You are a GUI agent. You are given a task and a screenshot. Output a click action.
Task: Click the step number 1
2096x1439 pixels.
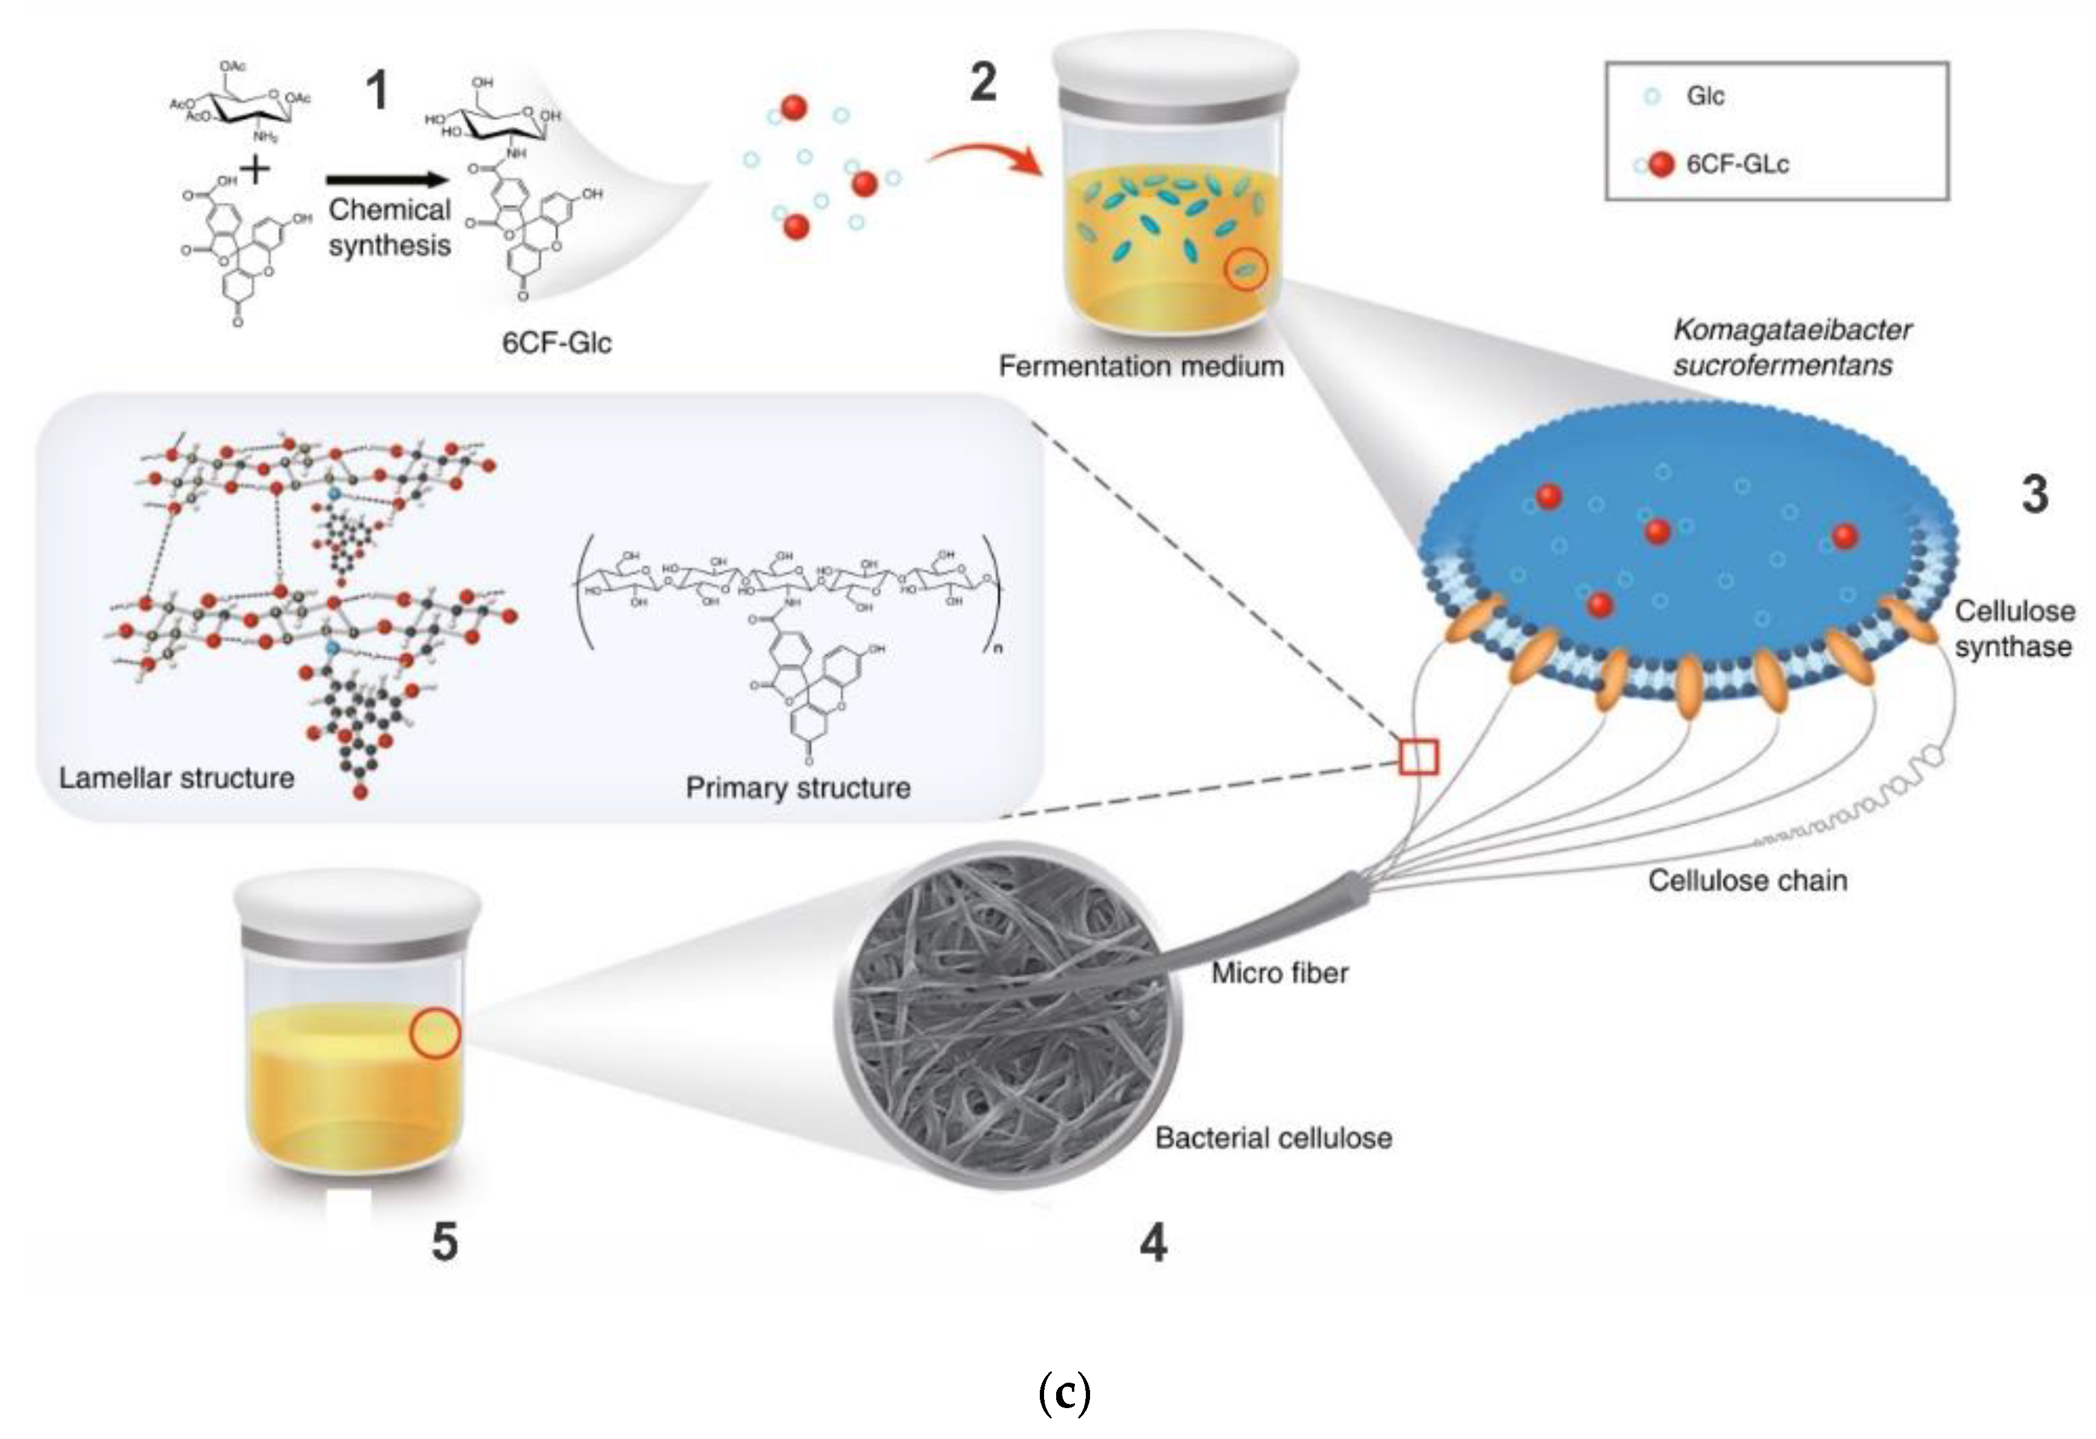click(x=377, y=91)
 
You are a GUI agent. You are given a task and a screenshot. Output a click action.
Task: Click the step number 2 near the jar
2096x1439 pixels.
click(x=983, y=83)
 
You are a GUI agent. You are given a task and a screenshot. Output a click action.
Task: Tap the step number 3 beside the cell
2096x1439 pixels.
click(x=2035, y=494)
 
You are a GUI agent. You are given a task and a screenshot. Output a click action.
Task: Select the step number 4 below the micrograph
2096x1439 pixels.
click(x=1154, y=1243)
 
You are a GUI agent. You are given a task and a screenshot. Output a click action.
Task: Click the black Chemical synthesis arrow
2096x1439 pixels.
click(x=388, y=180)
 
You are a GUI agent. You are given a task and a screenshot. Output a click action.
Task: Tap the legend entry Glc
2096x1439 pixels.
click(x=1704, y=96)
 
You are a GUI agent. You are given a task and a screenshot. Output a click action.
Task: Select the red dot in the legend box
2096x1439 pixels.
click(x=1661, y=164)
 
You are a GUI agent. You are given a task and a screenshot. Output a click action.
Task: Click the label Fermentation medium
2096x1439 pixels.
click(x=1141, y=366)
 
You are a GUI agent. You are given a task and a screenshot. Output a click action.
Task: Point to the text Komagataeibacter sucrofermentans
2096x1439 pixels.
click(x=1791, y=348)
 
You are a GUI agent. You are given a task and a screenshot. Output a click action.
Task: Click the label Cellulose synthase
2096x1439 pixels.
click(x=2014, y=629)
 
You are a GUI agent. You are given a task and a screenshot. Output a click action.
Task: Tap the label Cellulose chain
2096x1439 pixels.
click(x=1747, y=881)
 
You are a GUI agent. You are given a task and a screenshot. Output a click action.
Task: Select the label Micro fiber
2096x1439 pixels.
click(x=1279, y=973)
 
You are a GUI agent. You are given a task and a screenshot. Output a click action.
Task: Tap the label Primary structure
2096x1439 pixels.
click(x=797, y=787)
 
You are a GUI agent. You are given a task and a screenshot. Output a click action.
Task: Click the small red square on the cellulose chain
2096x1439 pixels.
click(x=1419, y=757)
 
